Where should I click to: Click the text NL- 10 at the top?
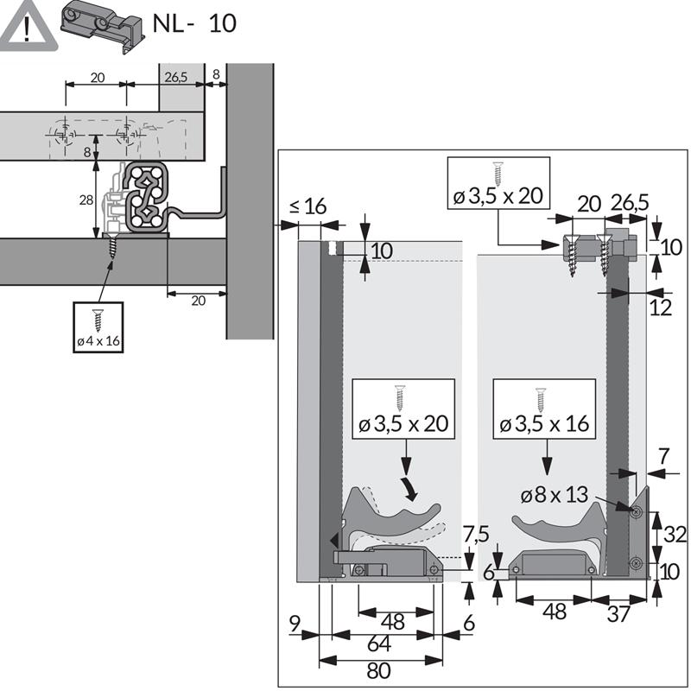(193, 23)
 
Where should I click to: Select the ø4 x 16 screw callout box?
(98, 327)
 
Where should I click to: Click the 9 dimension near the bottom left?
(296, 622)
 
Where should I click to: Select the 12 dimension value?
(661, 307)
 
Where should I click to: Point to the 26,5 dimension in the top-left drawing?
(175, 78)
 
